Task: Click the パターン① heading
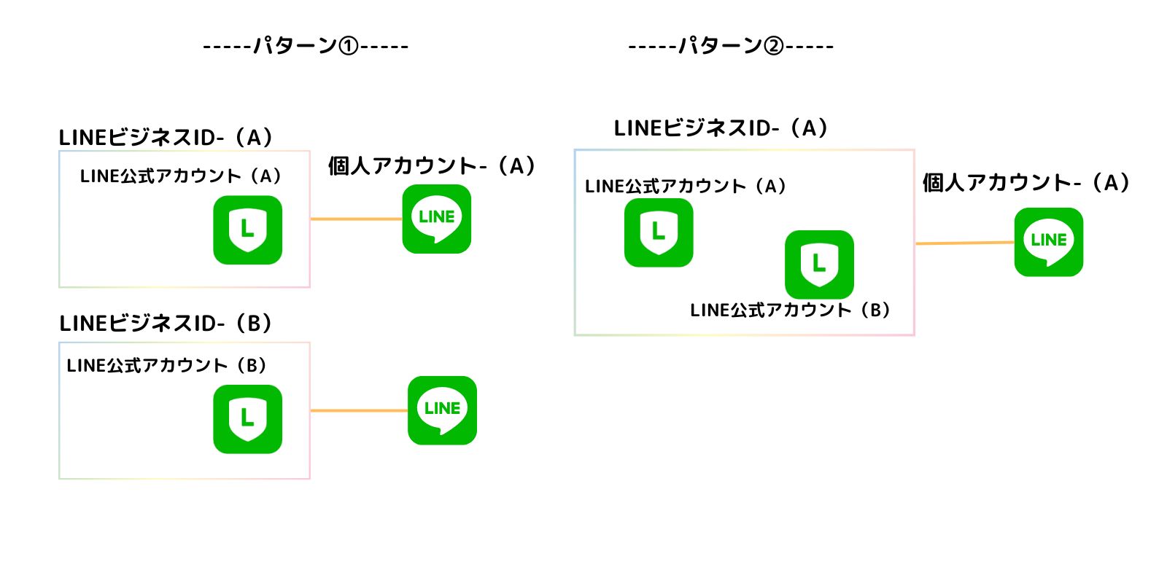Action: click(x=306, y=46)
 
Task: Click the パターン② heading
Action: click(x=731, y=46)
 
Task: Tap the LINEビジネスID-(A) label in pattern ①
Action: click(x=166, y=137)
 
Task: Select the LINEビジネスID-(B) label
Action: click(x=166, y=323)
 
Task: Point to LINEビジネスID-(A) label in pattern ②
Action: click(x=721, y=128)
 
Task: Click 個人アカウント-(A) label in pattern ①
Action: click(x=432, y=166)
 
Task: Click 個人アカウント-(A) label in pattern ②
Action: click(x=1026, y=182)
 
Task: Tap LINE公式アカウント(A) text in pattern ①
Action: click(x=181, y=176)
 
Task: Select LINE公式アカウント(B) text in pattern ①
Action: click(x=167, y=365)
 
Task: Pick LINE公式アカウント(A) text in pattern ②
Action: click(x=686, y=187)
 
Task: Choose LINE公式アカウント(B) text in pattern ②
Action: click(x=791, y=310)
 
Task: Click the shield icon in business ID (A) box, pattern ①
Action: click(x=247, y=230)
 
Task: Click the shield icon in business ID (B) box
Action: click(x=247, y=419)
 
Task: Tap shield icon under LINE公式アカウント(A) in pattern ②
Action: click(x=659, y=232)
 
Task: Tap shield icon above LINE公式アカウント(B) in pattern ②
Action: click(x=819, y=264)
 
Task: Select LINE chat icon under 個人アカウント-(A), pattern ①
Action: click(x=437, y=219)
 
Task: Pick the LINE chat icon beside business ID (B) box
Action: click(x=442, y=410)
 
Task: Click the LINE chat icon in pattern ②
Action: click(x=1048, y=242)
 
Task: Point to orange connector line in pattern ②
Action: click(x=964, y=243)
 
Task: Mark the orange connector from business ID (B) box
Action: click(x=359, y=410)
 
